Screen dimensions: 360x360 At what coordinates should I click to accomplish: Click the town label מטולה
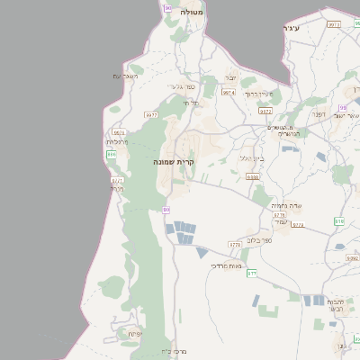pyautogui.click(x=192, y=13)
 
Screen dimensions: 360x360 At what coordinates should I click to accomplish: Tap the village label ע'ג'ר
pyautogui.click(x=289, y=30)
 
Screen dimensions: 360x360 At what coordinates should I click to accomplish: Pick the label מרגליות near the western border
pyautogui.click(x=118, y=141)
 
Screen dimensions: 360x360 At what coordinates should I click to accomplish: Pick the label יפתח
pyautogui.click(x=135, y=334)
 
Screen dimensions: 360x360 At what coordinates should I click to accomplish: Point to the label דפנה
pyautogui.click(x=318, y=114)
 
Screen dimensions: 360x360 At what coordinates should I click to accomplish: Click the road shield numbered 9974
pyautogui.click(x=229, y=92)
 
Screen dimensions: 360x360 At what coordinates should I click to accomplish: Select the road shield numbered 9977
pyautogui.click(x=151, y=114)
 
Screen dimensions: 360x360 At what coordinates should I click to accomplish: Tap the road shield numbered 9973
pyautogui.click(x=334, y=24)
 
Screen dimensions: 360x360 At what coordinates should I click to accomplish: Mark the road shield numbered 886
pyautogui.click(x=112, y=155)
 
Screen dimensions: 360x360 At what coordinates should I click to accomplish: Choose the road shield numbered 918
pyautogui.click(x=339, y=220)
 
